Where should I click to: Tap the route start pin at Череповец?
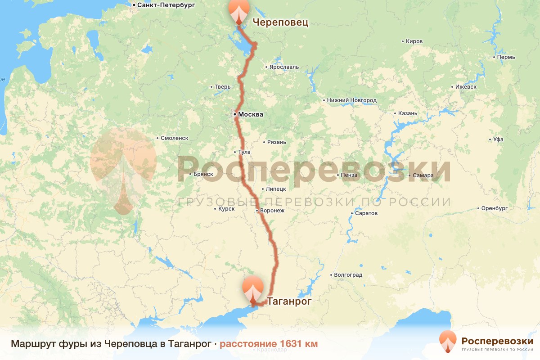238,11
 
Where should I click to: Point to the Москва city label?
250,115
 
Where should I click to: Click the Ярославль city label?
284,67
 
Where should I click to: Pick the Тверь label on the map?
223,87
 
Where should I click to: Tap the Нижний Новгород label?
352,100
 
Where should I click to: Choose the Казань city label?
408,113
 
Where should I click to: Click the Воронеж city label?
272,211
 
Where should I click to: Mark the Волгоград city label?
348,274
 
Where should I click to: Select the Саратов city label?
366,213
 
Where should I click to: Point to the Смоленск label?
175,138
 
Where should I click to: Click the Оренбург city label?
494,208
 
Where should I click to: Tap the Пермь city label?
506,57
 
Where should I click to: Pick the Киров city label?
414,41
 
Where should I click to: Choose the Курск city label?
226,209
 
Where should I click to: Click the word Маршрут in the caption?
33,344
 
